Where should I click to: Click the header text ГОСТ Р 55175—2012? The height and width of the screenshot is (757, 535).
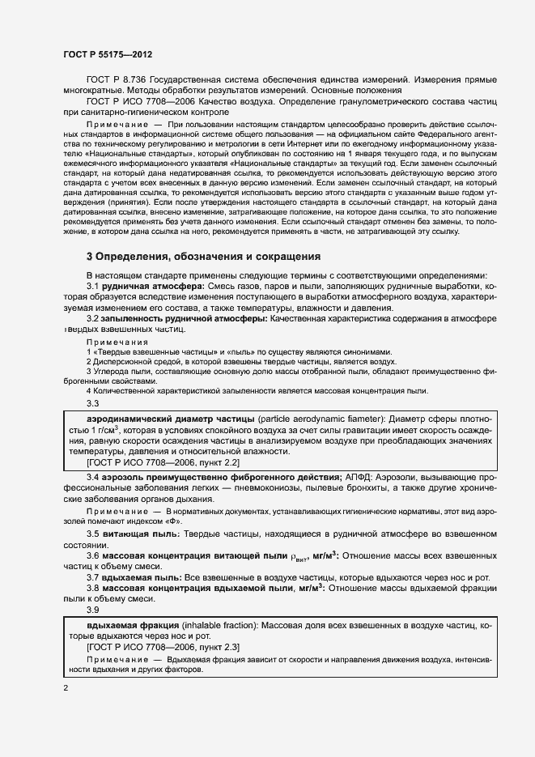(x=108, y=54)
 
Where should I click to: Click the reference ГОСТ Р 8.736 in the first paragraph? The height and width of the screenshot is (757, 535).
(x=119, y=80)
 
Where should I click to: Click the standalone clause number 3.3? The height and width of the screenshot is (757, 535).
(x=93, y=403)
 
